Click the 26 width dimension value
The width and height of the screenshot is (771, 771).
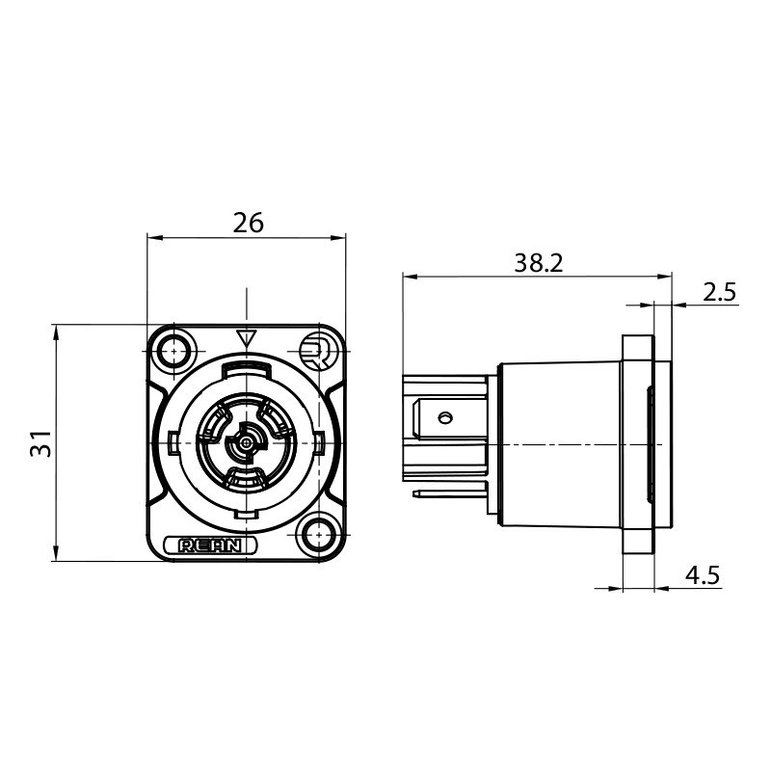248,223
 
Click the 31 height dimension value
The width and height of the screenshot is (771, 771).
41,443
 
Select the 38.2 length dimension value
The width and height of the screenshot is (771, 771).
539,263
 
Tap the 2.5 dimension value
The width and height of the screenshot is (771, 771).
719,293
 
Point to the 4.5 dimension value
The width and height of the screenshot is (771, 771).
703,575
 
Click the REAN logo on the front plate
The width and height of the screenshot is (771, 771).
210,545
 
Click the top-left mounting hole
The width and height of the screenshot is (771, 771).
174,351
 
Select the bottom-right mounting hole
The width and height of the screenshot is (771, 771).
319,534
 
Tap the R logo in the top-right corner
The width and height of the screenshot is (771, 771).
318,351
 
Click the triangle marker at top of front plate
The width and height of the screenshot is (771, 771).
247,338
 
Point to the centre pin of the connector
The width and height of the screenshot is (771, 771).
245,443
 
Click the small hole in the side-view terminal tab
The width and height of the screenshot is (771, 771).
445,418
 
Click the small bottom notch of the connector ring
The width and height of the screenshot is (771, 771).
247,515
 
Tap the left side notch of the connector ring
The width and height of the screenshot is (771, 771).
173,441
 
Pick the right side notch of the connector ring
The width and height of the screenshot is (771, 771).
320,441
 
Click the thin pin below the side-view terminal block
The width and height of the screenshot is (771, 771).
450,493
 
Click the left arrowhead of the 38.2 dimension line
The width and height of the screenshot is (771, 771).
411,278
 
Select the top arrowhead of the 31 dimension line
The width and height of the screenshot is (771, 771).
56,332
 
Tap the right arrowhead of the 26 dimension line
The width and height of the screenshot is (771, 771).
337,238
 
